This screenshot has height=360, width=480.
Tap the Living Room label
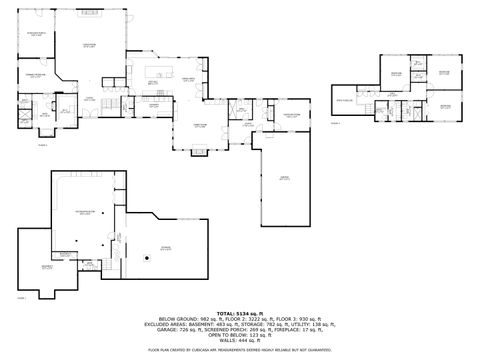pos(89,45)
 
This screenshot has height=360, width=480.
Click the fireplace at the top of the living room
pos(89,16)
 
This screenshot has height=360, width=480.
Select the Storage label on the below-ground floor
pos(165,249)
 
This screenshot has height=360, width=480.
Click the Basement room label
pos(47,267)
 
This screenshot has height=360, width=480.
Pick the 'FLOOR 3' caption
pos(336,123)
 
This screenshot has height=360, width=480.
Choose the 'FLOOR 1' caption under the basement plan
pos(21,297)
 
